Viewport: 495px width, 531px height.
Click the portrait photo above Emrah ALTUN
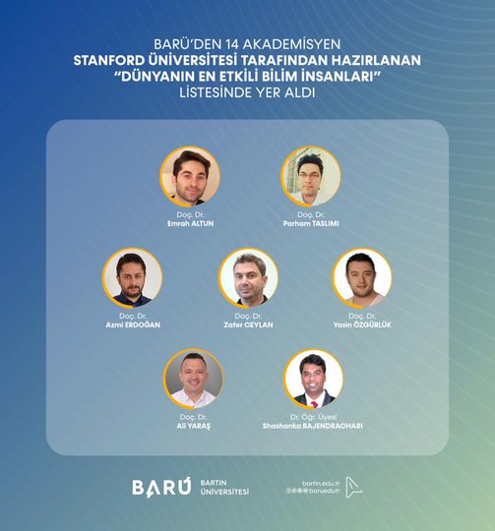(190, 176)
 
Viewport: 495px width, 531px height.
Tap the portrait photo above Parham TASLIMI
(311, 176)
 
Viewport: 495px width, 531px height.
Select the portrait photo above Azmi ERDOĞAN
(132, 277)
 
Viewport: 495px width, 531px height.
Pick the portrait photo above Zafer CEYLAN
(248, 277)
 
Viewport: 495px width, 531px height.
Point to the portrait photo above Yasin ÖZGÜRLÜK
(362, 277)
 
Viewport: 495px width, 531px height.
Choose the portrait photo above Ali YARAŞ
(193, 379)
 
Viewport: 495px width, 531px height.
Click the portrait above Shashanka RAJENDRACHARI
(313, 379)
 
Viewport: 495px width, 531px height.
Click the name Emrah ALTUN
(190, 223)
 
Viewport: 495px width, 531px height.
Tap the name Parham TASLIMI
(311, 223)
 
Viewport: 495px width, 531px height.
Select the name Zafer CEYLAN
(248, 324)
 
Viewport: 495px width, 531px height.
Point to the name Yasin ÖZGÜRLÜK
(362, 324)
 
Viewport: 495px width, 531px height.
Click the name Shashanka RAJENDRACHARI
(312, 426)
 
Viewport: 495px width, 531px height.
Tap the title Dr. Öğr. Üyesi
(313, 417)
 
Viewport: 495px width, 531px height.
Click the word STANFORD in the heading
(109, 61)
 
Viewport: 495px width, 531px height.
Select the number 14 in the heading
(231, 44)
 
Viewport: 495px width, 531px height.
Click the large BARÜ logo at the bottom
(161, 487)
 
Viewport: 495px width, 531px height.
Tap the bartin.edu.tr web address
(321, 483)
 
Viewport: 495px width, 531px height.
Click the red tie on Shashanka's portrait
(314, 404)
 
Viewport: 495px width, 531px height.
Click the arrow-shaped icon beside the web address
(353, 488)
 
